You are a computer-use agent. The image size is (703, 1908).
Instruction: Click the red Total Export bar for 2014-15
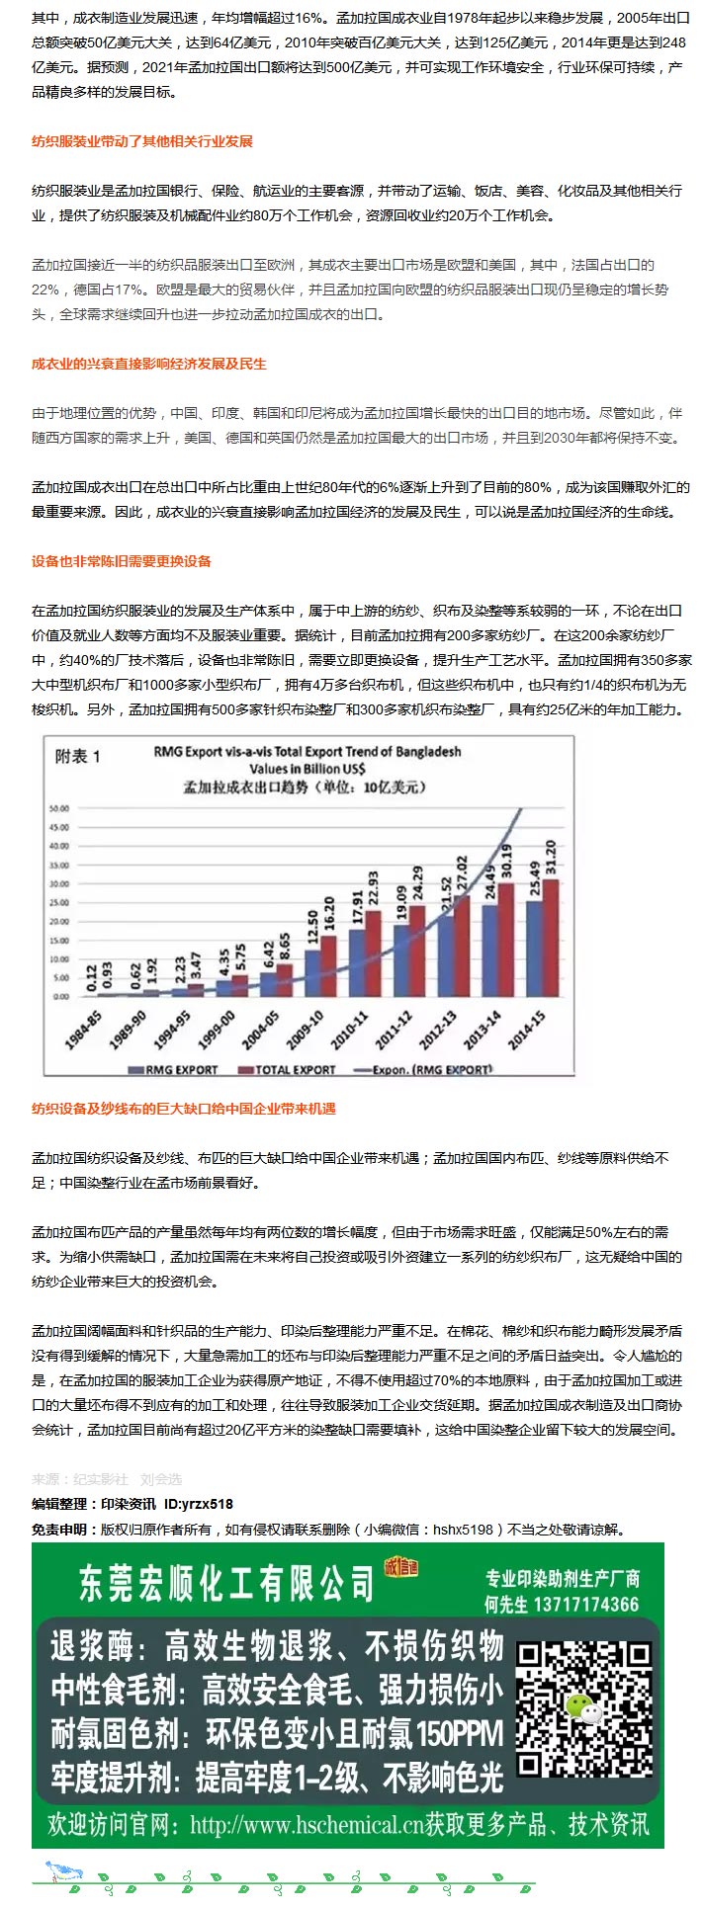coord(551,937)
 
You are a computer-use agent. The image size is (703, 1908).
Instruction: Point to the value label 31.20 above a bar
coord(551,858)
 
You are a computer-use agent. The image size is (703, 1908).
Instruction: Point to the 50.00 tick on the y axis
coord(59,808)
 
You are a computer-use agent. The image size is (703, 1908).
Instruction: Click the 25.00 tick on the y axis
coord(59,902)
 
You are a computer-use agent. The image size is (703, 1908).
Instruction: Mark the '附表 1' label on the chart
coord(78,756)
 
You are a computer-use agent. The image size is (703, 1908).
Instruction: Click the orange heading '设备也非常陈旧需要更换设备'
coord(121,561)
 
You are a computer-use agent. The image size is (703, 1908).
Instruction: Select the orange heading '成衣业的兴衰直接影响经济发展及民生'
coord(148,364)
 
